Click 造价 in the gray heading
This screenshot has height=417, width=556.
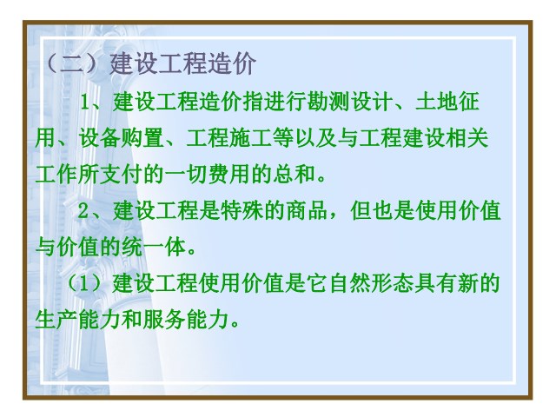pos(232,63)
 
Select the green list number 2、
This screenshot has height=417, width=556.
pos(94,211)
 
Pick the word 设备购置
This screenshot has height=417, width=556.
pos(122,138)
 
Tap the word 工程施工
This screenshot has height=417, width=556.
pos(229,138)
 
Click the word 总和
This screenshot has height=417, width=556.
pos(294,175)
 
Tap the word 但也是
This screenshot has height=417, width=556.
pos(382,211)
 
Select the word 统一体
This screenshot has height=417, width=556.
pos(154,247)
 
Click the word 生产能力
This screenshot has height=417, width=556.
pos(78,321)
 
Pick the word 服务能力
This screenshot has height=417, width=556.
pos(185,321)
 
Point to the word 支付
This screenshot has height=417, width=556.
pos(122,175)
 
